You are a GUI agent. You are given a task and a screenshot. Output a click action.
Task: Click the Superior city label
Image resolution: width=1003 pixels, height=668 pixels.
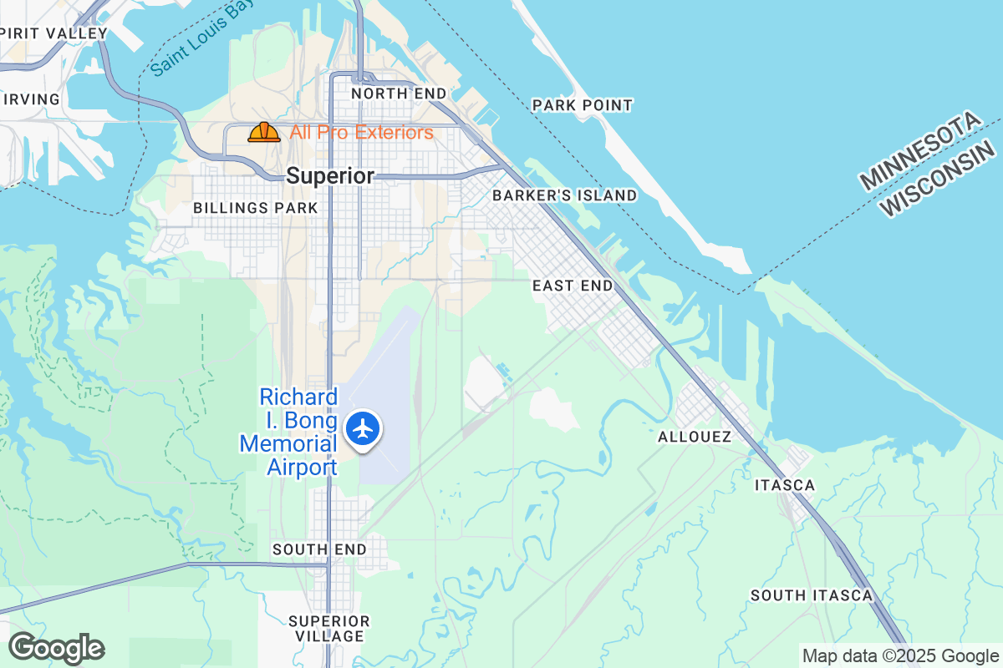330,176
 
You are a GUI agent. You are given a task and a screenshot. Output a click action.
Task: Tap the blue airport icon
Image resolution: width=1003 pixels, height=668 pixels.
364,428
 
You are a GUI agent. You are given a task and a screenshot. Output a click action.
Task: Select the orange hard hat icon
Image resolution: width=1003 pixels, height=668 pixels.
264,132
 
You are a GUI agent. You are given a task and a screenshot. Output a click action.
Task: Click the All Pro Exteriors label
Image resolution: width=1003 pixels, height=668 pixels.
361,132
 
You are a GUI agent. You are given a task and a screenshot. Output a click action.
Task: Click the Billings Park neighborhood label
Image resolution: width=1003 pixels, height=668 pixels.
255,208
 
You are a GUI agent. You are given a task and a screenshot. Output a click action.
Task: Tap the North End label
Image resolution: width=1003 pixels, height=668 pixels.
398,94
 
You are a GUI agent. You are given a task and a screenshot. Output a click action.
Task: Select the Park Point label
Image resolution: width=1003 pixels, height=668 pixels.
583,105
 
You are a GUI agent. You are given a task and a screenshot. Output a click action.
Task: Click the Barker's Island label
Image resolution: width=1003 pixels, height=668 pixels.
564,195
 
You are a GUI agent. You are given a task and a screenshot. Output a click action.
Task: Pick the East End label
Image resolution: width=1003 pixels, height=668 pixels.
573,286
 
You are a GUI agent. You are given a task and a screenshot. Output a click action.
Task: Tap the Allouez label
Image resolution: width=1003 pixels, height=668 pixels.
695,437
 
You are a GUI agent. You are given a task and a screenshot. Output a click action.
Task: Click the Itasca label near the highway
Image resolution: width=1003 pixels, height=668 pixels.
784,485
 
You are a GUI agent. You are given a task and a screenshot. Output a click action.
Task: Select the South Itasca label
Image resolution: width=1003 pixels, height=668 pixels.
811,595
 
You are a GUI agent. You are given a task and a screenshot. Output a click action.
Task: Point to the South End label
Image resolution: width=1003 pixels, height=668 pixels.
319,549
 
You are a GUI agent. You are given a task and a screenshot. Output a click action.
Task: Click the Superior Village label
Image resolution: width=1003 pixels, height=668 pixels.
328,629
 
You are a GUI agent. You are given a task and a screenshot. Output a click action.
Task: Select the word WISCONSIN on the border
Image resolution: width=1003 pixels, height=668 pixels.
941,179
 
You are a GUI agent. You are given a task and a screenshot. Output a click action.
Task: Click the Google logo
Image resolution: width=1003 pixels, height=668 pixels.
56,648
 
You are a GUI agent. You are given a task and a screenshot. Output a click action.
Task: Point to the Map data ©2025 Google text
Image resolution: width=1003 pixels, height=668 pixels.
900,655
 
